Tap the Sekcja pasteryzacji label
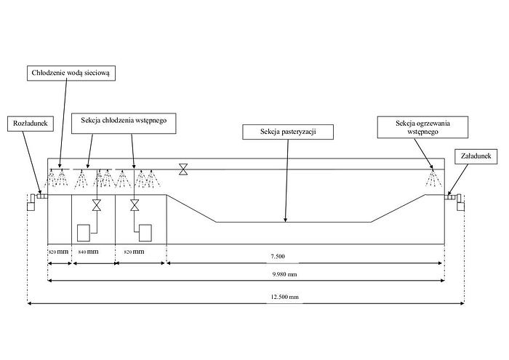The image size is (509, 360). click(288, 132)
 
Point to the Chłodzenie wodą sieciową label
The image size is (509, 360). click(73, 73)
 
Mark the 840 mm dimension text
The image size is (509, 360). click(87, 251)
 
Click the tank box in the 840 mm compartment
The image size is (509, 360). click(84, 232)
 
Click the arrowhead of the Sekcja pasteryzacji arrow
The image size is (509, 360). click(286, 219)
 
